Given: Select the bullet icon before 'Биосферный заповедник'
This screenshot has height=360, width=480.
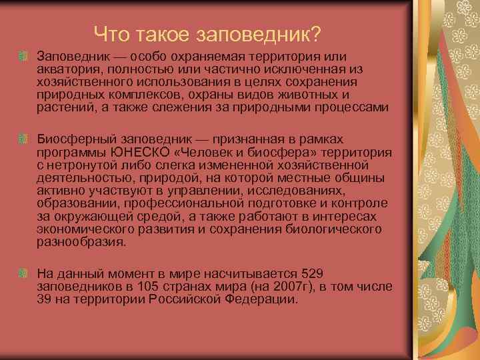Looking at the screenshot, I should coord(24,138).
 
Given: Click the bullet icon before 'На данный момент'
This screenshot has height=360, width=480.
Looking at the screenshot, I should coord(24,273).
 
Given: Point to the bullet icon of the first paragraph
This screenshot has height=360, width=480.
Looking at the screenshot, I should coord(24,52).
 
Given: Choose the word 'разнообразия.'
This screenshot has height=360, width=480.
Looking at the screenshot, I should coord(81,241).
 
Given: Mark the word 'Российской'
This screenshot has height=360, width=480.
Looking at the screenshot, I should coord(199,299).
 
